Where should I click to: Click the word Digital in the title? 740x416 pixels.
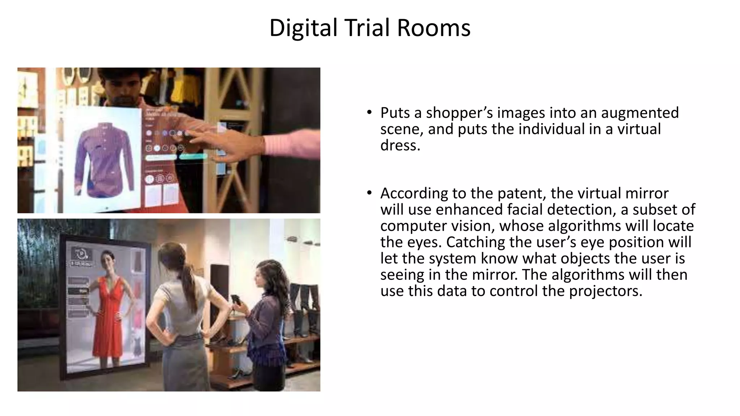coord(303,28)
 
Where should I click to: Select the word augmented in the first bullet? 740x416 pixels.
coord(640,113)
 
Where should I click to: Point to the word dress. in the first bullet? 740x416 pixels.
coord(400,146)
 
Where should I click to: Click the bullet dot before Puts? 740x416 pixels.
coord(369,112)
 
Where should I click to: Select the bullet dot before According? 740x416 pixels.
coord(369,193)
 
